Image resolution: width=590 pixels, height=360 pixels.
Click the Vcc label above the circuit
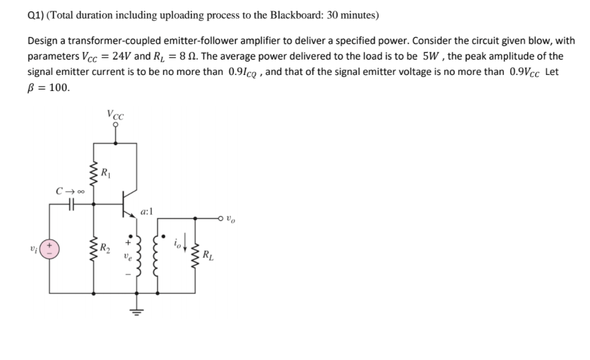click(x=114, y=114)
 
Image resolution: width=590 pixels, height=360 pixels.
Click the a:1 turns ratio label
click(x=146, y=211)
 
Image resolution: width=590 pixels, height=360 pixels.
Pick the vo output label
click(x=230, y=218)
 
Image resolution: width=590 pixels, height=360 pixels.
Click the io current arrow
click(x=185, y=250)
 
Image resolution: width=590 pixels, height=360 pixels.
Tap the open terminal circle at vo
click(x=223, y=218)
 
